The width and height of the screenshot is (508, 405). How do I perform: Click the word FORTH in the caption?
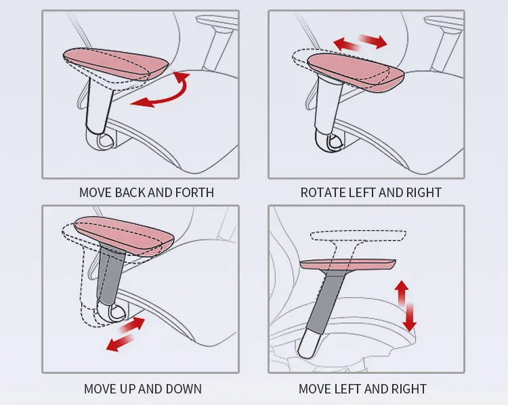(195, 193)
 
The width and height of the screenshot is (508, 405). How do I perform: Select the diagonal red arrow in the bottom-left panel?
(126, 334)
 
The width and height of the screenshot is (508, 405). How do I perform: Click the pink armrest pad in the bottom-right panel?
(347, 264)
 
